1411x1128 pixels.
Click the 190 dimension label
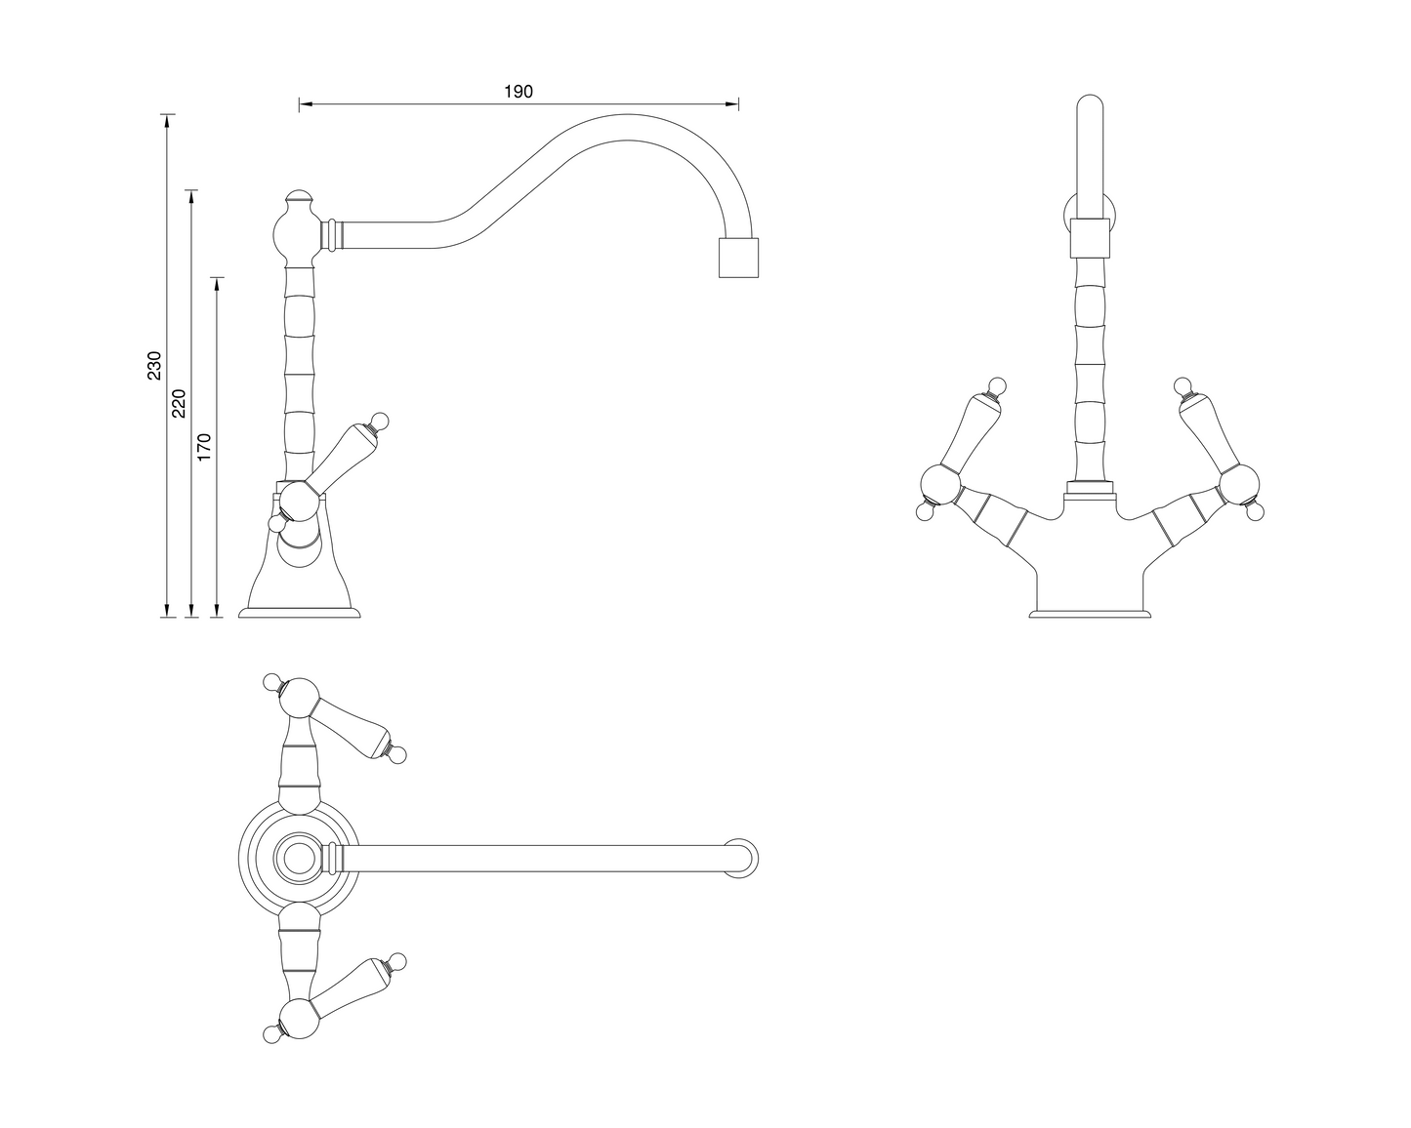click(518, 92)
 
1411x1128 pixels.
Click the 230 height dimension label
click(153, 365)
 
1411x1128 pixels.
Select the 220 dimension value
click(178, 402)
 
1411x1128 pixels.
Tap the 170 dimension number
click(203, 446)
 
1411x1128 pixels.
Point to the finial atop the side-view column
click(298, 197)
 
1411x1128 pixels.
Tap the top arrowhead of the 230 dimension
click(167, 120)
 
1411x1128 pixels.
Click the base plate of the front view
click(1091, 614)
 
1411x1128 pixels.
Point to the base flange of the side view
click(300, 613)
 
